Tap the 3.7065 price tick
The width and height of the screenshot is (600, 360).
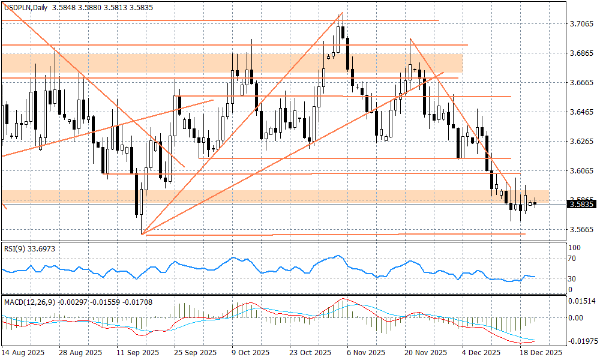[580, 24]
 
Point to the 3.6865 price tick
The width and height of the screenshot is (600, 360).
[580, 53]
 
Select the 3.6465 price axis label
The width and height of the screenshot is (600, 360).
[580, 112]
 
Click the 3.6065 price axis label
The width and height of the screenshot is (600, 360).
[580, 171]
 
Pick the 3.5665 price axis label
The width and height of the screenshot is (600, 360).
[580, 230]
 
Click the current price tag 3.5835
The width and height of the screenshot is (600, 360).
[581, 205]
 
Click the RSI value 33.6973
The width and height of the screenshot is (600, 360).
[46, 248]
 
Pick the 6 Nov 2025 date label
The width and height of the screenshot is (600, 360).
[366, 353]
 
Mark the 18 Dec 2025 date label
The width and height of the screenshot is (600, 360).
[540, 353]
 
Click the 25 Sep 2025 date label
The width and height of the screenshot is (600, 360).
[194, 353]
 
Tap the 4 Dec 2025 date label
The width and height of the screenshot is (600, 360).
[480, 353]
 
